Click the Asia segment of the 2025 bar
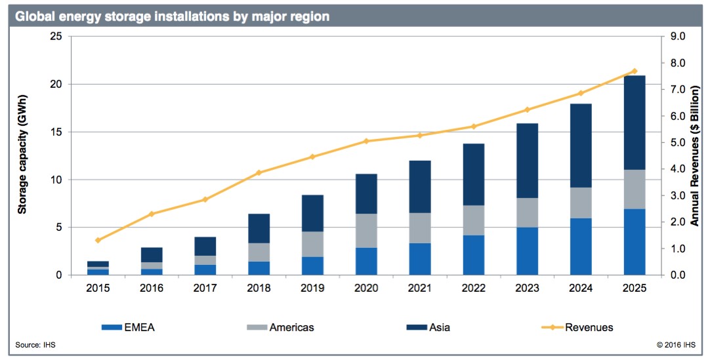pyautogui.click(x=635, y=123)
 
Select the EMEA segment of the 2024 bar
pyautogui.click(x=581, y=247)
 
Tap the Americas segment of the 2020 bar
pyautogui.click(x=366, y=231)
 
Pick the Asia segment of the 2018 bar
pyautogui.click(x=259, y=228)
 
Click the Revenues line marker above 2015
pyautogui.click(x=98, y=241)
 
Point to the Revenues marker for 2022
pyautogui.click(x=473, y=127)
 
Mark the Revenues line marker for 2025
pyautogui.click(x=635, y=71)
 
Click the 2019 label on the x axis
pyautogui.click(x=312, y=289)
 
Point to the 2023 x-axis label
pyautogui.click(x=527, y=289)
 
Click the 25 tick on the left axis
pyautogui.click(x=56, y=37)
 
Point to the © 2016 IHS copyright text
pyautogui.click(x=676, y=346)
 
